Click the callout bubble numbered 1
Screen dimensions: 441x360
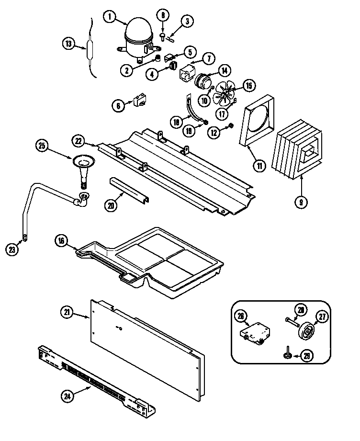coord(110,17)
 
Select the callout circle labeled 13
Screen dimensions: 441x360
coord(69,44)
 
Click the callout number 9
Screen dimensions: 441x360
coord(302,202)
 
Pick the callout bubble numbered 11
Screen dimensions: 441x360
coord(259,166)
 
